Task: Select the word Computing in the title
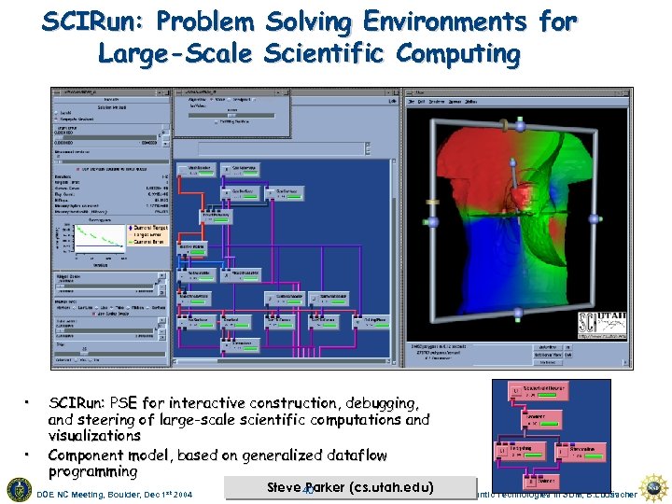pyautogui.click(x=458, y=54)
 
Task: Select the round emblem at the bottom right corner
pyautogui.click(x=656, y=487)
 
